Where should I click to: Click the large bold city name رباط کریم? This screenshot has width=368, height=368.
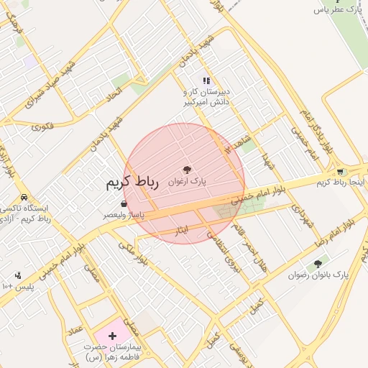click(131, 182)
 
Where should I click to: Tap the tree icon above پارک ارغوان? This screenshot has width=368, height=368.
click(188, 170)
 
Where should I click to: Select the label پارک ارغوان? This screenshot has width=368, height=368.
click(187, 183)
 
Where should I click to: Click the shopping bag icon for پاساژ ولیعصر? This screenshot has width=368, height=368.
click(106, 204)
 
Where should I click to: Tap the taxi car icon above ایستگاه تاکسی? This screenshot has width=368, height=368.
click(24, 197)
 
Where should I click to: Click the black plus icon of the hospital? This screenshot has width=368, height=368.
click(112, 336)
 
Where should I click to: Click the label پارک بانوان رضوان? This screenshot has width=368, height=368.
click(317, 275)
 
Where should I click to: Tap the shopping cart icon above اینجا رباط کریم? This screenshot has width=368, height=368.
click(340, 172)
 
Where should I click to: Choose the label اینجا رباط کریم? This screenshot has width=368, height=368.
click(341, 183)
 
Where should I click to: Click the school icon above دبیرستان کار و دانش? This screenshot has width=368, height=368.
click(207, 81)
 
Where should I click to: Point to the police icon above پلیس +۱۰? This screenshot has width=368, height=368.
click(18, 275)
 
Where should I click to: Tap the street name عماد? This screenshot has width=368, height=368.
click(73, 329)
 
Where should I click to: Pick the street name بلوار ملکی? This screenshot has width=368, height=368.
click(132, 254)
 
